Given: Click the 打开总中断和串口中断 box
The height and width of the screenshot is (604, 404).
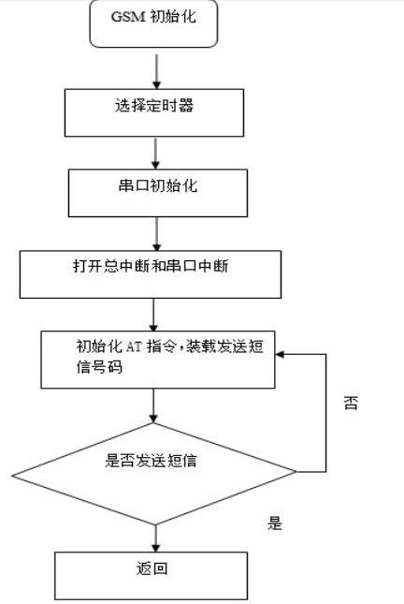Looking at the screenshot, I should (x=151, y=273).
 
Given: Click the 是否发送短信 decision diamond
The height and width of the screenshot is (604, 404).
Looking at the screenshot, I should (x=154, y=470).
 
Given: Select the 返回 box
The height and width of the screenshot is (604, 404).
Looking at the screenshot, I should (x=151, y=574).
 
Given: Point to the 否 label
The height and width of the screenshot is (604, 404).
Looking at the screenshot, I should (x=350, y=404).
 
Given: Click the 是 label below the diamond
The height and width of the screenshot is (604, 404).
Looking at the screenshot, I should (x=274, y=524).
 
